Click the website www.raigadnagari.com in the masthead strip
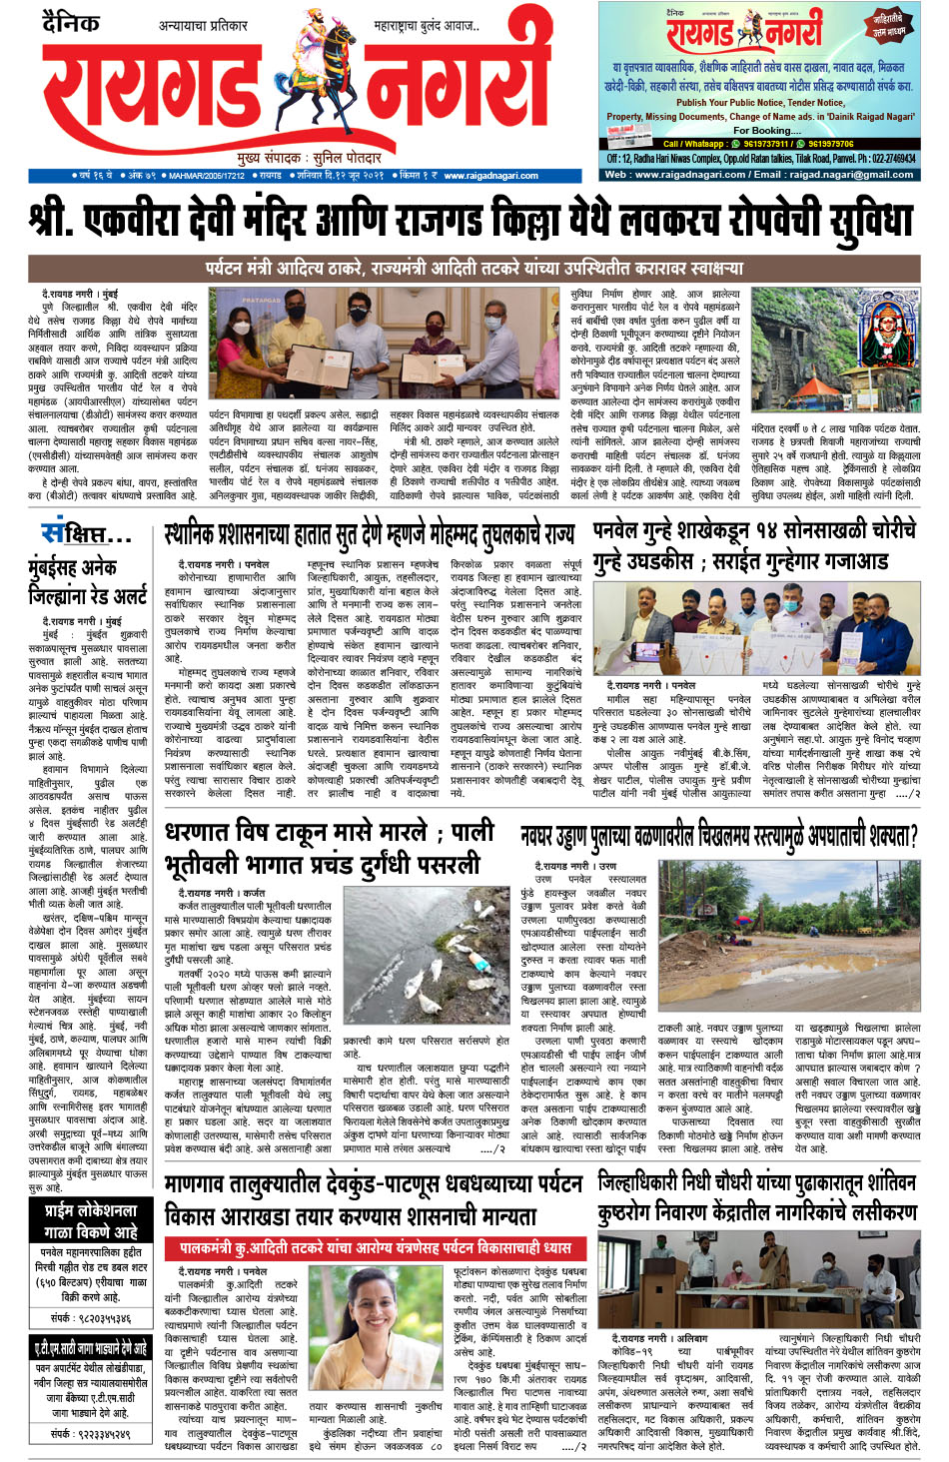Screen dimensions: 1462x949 [x=490, y=176]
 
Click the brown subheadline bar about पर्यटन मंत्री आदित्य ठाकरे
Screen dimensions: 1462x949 [x=474, y=268]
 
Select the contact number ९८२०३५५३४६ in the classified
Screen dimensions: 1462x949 [x=91, y=1318]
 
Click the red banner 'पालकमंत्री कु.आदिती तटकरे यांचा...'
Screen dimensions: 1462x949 [x=376, y=1248]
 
